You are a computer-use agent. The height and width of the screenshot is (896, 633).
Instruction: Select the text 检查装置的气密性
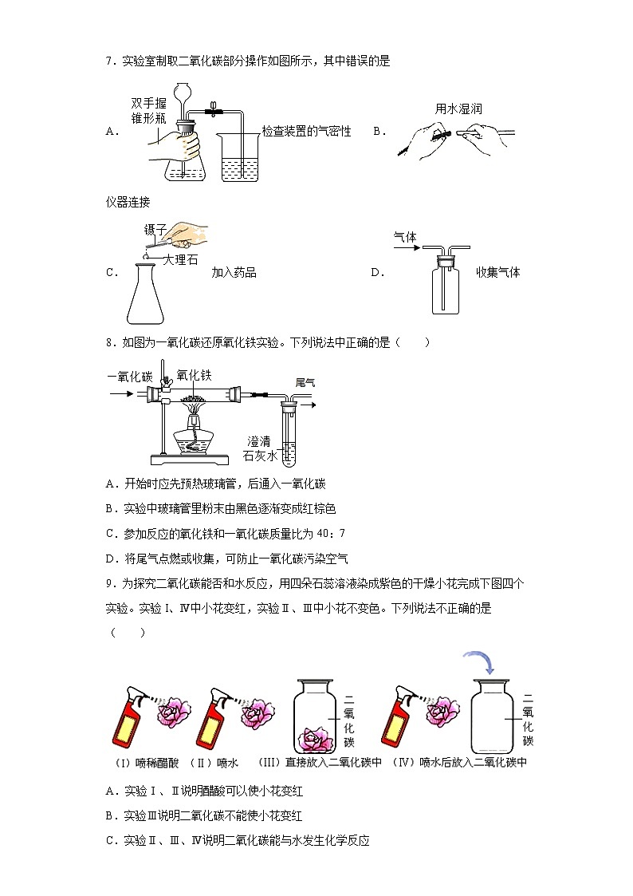[307, 132]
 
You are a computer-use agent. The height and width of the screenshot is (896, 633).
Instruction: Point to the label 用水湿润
[458, 109]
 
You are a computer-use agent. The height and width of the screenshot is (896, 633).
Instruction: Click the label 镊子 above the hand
[154, 231]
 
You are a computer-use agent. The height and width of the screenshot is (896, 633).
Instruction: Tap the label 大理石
[180, 259]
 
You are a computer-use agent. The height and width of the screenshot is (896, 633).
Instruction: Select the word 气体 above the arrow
[406, 236]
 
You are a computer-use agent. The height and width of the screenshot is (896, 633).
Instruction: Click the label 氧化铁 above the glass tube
[194, 374]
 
